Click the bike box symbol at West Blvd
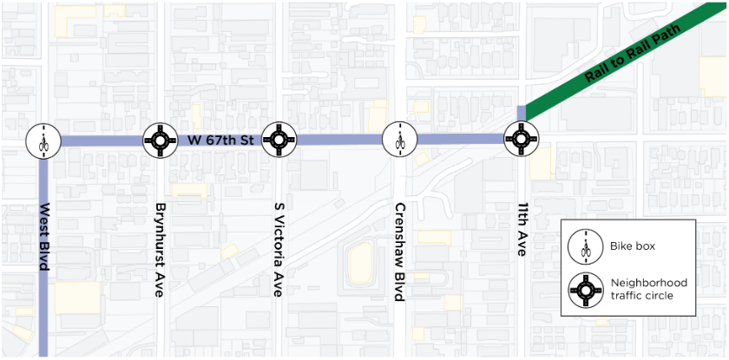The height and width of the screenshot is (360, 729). pyautogui.click(x=42, y=140)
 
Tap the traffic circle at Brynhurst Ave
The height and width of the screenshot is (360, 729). pyautogui.click(x=160, y=139)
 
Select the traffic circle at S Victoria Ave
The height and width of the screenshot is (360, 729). pyautogui.click(x=279, y=139)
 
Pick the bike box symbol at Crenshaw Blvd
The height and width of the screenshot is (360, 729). pyautogui.click(x=399, y=139)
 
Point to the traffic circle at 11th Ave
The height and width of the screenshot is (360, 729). pyautogui.click(x=520, y=139)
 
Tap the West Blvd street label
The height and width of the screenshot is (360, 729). pyautogui.click(x=43, y=238)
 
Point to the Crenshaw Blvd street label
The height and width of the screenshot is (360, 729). pyautogui.click(x=399, y=252)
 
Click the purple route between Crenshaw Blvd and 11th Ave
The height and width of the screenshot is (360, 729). pyautogui.click(x=460, y=139)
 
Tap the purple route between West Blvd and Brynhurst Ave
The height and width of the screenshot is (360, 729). pyautogui.click(x=101, y=141)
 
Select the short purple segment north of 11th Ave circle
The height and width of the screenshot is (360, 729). pyautogui.click(x=521, y=114)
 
